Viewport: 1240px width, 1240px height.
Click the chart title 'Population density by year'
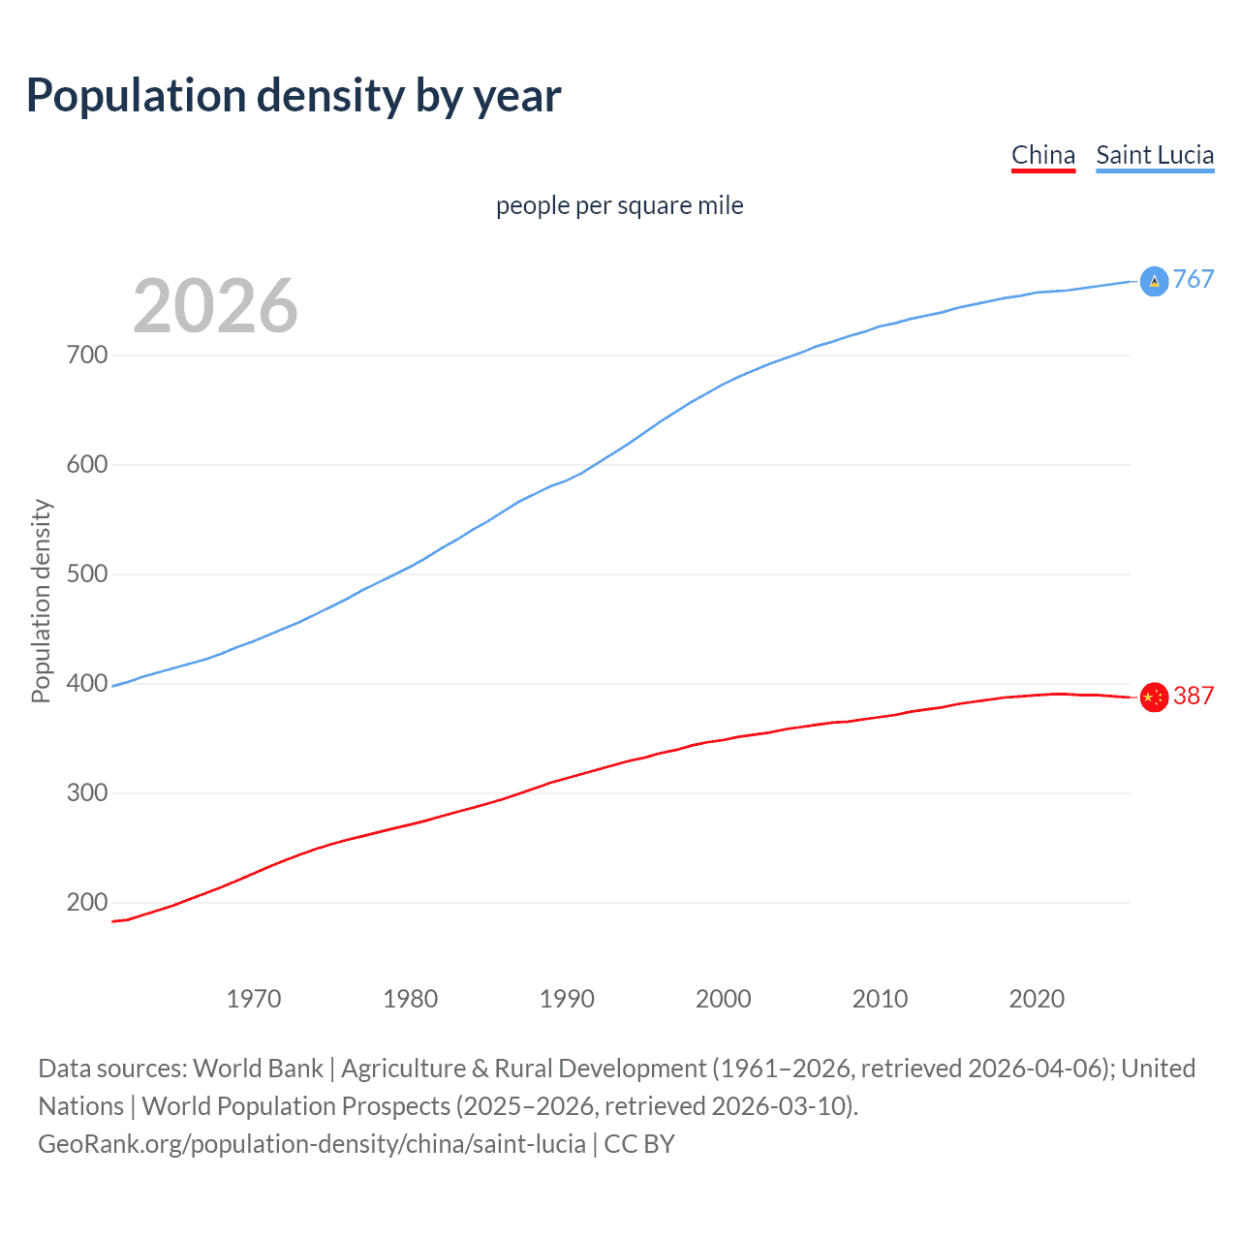click(x=294, y=96)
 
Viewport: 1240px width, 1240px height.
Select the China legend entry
click(x=1042, y=155)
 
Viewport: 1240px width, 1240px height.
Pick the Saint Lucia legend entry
click(x=1155, y=155)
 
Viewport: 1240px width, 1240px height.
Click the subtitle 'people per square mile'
click(x=619, y=205)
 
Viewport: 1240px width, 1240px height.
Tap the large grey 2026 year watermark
click(x=215, y=306)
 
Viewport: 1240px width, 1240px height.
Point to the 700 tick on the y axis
click(x=87, y=355)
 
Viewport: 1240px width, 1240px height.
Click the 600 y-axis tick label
click(x=87, y=464)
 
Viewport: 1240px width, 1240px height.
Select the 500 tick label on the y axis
click(x=87, y=573)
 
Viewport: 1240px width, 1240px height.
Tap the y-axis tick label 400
click(x=87, y=683)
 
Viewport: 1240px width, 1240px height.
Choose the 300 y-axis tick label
click(x=87, y=792)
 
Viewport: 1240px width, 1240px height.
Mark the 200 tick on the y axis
click(x=87, y=902)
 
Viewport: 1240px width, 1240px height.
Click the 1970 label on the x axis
click(x=254, y=999)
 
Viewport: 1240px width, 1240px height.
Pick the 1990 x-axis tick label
click(x=567, y=999)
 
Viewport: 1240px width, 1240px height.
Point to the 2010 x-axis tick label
click(x=880, y=999)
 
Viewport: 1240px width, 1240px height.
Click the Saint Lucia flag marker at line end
click(x=1154, y=281)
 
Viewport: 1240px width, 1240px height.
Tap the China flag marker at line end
click(x=1154, y=697)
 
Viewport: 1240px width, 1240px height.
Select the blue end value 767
click(x=1193, y=280)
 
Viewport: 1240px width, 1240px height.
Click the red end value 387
click(x=1193, y=696)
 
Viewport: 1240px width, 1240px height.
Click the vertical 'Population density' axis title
click(x=41, y=601)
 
